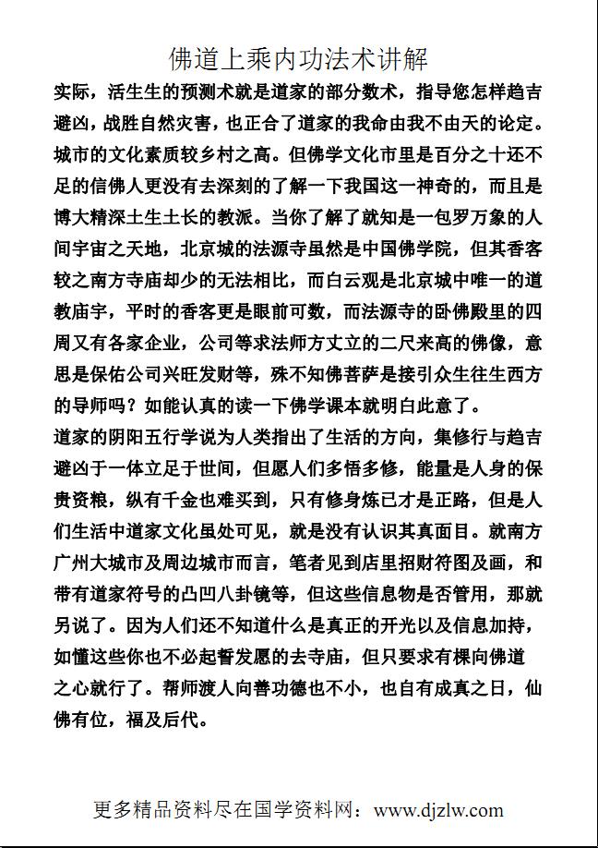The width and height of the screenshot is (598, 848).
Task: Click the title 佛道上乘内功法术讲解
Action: (x=298, y=60)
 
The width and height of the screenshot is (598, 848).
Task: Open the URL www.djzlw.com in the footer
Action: (x=438, y=810)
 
